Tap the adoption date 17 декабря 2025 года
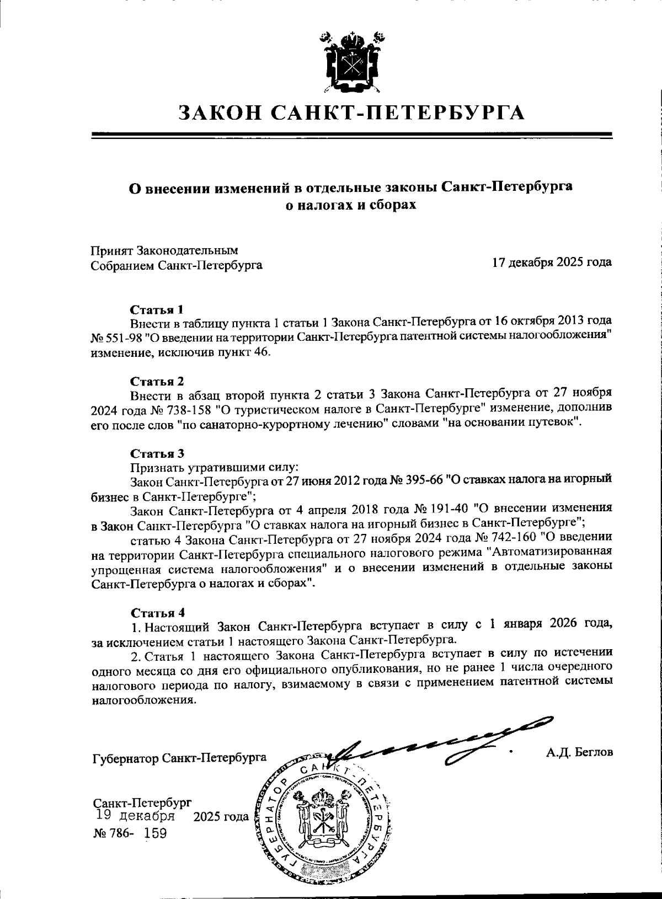[x=552, y=262]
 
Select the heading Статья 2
[x=157, y=381]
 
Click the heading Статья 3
[x=157, y=453]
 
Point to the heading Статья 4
[x=157, y=613]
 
